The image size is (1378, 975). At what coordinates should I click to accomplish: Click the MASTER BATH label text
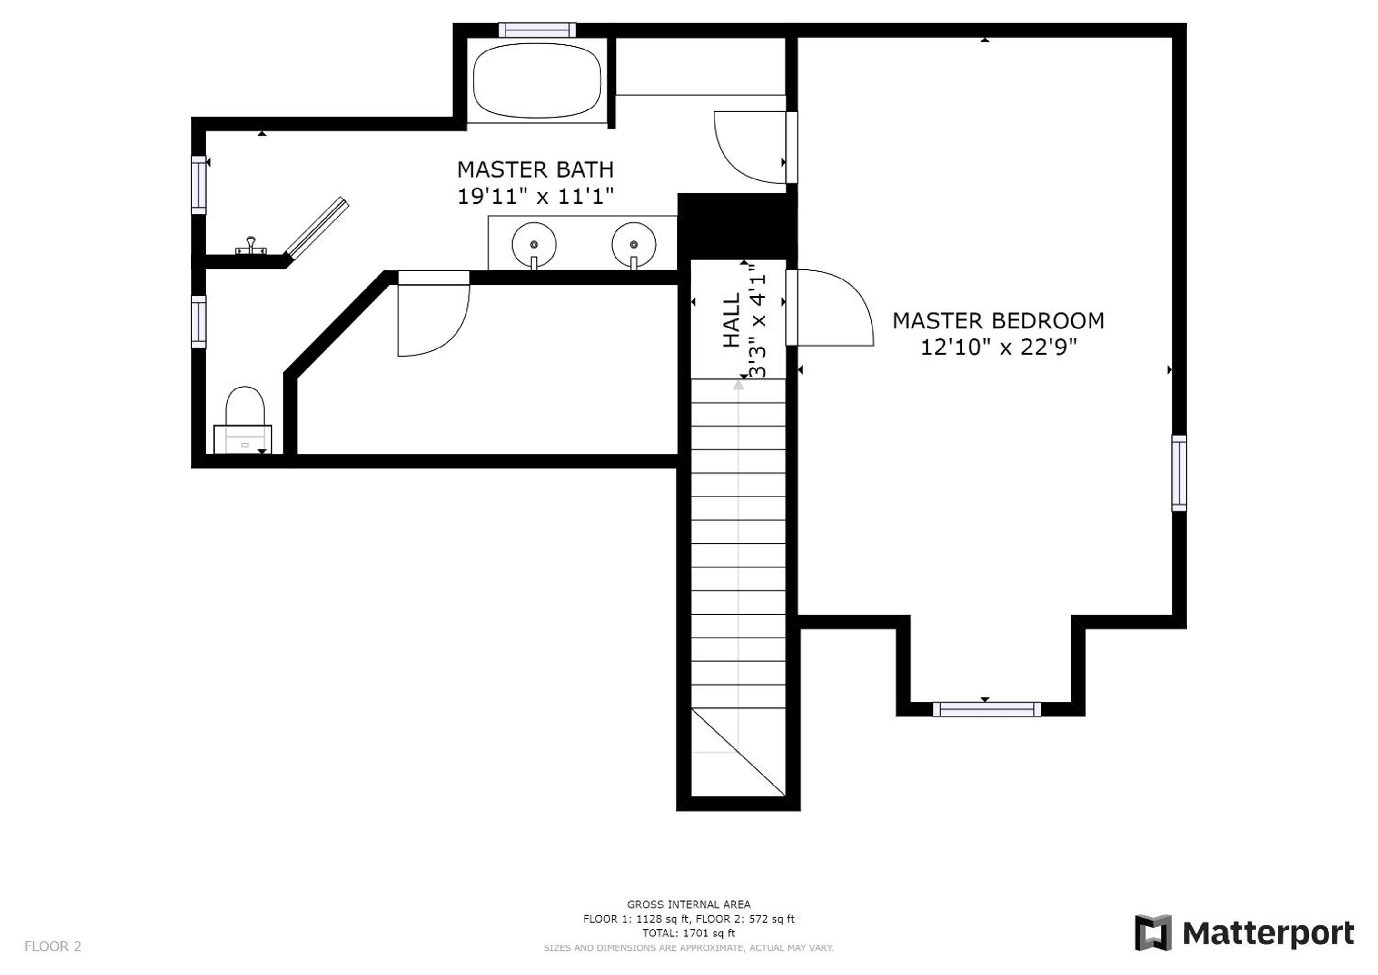pyautogui.click(x=535, y=169)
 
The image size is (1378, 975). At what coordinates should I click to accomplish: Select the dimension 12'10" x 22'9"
pyautogui.click(x=999, y=347)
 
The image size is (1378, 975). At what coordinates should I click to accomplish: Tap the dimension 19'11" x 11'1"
pyautogui.click(x=535, y=196)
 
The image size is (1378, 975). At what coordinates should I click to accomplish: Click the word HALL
pyautogui.click(x=731, y=320)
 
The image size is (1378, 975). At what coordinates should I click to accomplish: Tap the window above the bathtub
pyautogui.click(x=537, y=30)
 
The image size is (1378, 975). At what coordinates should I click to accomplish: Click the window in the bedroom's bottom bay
pyautogui.click(x=987, y=709)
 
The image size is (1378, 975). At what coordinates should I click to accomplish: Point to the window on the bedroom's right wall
pyautogui.click(x=1180, y=474)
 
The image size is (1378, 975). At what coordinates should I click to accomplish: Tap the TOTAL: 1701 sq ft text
pyautogui.click(x=688, y=933)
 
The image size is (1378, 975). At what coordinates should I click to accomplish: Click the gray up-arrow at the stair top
pyautogui.click(x=738, y=385)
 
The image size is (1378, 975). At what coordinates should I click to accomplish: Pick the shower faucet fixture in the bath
pyautogui.click(x=251, y=246)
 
